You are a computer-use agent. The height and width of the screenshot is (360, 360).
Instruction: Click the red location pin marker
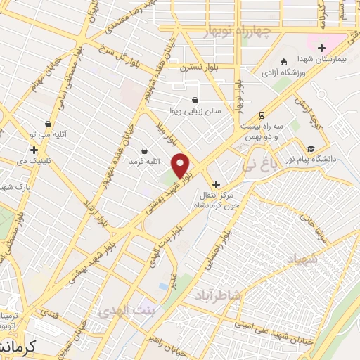181,165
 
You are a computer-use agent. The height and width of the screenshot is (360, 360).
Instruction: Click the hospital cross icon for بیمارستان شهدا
322,49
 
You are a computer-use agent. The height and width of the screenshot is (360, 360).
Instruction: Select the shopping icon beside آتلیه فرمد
145,150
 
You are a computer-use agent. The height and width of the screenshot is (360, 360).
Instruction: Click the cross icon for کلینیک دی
34,150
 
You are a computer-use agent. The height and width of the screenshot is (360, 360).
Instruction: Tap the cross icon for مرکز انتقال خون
215,184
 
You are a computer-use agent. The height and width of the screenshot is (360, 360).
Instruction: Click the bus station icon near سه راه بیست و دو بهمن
262,114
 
